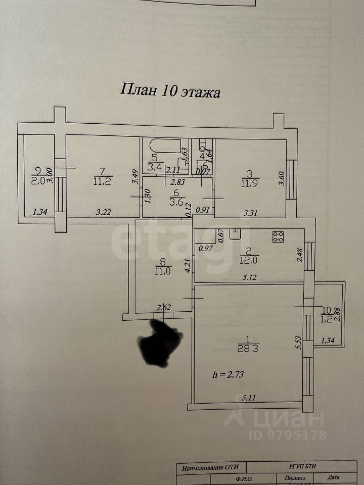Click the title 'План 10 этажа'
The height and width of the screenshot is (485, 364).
pos(170,91)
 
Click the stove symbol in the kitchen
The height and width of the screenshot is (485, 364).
pos(278,237)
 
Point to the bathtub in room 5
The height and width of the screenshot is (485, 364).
pos(165,147)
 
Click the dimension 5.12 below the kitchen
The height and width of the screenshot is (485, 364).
pos(249,277)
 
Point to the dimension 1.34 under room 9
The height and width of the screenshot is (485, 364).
pos(40,213)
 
